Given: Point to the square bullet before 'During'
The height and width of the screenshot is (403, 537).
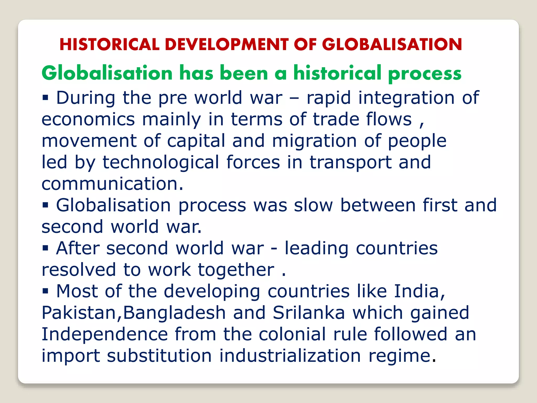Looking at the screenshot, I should tap(46, 98).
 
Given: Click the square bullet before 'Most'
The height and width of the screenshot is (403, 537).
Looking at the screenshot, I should tap(46, 291).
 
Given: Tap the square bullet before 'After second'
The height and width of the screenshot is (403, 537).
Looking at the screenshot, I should tap(46, 248).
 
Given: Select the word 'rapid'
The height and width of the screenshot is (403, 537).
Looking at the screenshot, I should tap(329, 98).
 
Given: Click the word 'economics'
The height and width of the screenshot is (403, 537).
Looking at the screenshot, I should tap(88, 119).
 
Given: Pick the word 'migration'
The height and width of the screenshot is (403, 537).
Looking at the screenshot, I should tap(314, 141).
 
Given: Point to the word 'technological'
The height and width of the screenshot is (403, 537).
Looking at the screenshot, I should tap(161, 162).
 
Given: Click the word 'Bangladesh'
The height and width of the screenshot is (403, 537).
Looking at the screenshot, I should tap(174, 313).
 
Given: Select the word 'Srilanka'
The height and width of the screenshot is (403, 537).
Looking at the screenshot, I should tap(309, 313).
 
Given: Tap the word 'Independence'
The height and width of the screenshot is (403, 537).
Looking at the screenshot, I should tap(105, 334).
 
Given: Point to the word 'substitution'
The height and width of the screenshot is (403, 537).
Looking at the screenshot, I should tap(159, 356).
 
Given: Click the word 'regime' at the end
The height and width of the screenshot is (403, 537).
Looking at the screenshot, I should tap(399, 356).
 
